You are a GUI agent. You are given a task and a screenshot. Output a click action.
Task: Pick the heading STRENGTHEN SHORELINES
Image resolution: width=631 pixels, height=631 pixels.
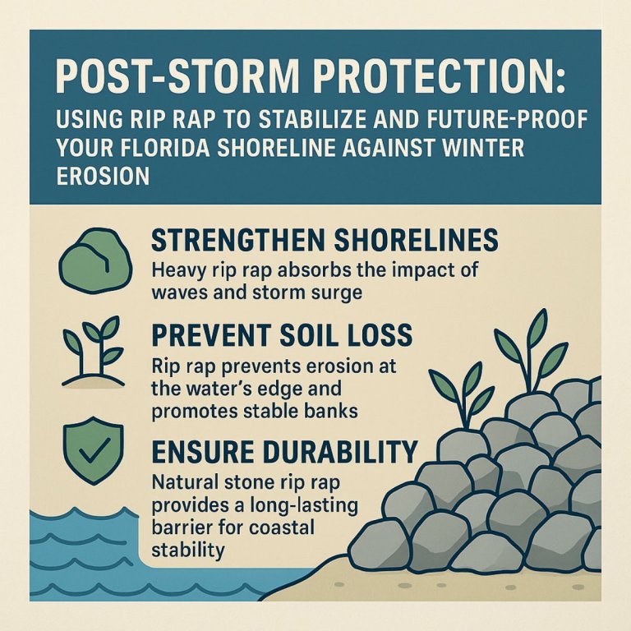tap(325, 240)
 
